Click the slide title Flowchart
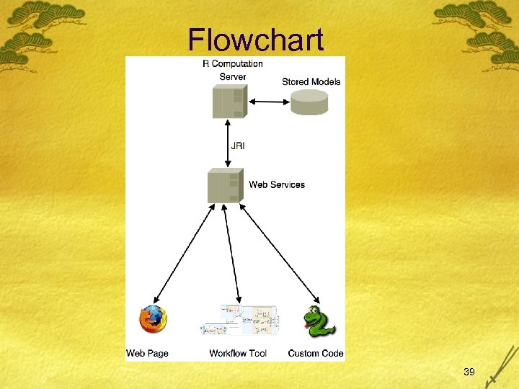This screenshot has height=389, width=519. click(256, 40)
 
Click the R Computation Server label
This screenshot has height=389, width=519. click(232, 70)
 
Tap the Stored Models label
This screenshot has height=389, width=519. click(311, 82)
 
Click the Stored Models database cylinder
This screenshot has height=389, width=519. click(309, 102)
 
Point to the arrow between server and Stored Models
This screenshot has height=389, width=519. click(268, 101)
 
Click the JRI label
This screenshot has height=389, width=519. click(237, 146)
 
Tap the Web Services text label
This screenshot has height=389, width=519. click(277, 185)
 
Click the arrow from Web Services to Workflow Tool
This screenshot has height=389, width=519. click(232, 252)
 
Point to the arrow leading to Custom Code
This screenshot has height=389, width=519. click(282, 252)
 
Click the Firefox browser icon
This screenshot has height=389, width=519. click(153, 320)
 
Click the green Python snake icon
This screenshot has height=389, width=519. click(318, 322)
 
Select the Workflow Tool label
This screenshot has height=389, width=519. click(238, 353)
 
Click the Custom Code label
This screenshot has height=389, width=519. click(316, 353)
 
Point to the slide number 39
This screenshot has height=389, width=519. click(469, 372)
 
